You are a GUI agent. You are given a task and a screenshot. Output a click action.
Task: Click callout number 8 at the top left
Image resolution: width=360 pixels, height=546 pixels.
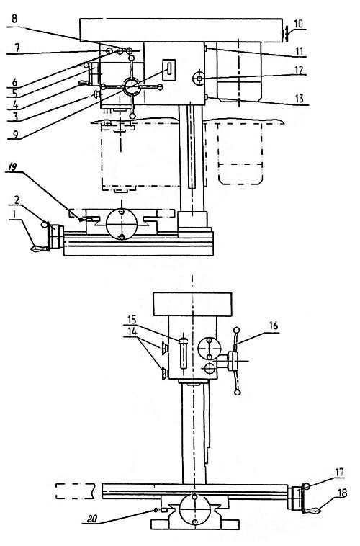coord(14,18)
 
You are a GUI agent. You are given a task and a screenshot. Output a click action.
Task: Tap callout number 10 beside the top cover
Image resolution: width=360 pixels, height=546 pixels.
coord(298,24)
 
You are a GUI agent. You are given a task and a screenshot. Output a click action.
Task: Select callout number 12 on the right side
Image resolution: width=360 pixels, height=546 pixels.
coord(299,70)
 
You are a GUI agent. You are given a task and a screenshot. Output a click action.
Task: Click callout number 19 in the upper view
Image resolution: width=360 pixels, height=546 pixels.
coord(12,169)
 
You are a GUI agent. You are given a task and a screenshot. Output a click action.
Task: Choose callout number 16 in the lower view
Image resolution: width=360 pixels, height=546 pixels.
coord(274,326)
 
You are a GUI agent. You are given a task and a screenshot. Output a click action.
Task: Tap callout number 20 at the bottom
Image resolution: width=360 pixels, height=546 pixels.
coord(92,519)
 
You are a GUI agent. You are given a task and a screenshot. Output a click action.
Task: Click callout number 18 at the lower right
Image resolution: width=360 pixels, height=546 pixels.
coord(342,493)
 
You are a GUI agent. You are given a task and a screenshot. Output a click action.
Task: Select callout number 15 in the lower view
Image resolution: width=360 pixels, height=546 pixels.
coord(132,319)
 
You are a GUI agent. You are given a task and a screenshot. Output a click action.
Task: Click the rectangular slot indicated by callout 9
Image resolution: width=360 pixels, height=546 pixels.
coord(169,68)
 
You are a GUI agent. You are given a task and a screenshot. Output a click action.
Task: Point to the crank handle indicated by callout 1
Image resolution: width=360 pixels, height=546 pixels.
coord(40,249)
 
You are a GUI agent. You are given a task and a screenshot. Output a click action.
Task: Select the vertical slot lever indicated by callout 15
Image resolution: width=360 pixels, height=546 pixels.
coord(183,352)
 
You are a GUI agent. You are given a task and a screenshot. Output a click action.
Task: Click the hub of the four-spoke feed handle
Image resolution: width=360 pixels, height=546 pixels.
coord(131,86)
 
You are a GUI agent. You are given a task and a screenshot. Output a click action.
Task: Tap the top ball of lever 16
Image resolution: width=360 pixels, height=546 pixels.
coord(237,330)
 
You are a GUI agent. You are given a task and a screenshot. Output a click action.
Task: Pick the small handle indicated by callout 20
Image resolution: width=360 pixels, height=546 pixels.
coord(161,510)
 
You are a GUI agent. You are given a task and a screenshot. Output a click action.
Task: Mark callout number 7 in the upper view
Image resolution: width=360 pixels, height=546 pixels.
coord(16,48)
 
